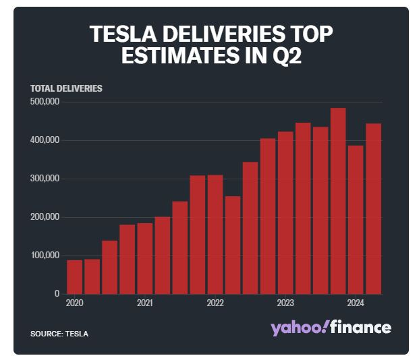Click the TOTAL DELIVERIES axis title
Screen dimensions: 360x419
pyautogui.click(x=66, y=88)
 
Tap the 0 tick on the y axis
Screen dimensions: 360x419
pyautogui.click(x=57, y=294)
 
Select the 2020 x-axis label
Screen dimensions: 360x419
pyautogui.click(x=74, y=303)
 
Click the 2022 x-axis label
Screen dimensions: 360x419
pyautogui.click(x=215, y=303)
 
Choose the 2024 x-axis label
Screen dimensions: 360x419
pyautogui.click(x=356, y=303)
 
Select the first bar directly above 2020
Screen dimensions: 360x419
pyautogui.click(x=74, y=277)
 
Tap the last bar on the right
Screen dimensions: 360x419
pyautogui.click(x=374, y=209)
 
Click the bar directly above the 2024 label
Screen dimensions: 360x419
pyautogui.click(x=356, y=220)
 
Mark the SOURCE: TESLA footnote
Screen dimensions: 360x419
pyautogui.click(x=59, y=334)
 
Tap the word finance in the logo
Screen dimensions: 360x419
pyautogui.click(x=362, y=328)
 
